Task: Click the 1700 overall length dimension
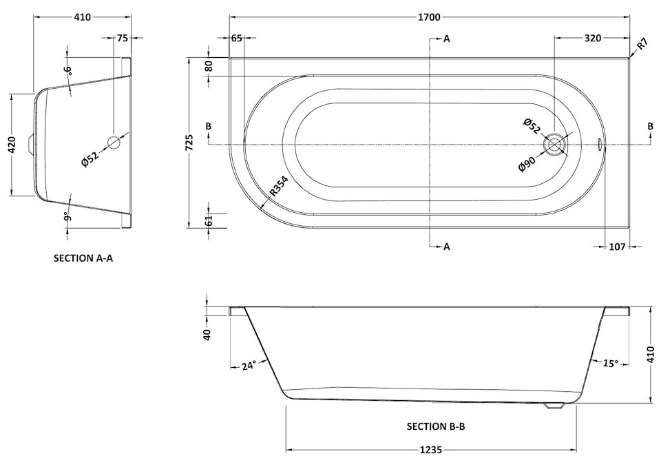click(x=429, y=17)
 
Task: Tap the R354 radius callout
click(x=278, y=187)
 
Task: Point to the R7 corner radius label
click(x=641, y=45)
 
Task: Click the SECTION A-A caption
click(x=83, y=258)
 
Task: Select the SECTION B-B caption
click(x=436, y=426)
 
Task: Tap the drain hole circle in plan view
click(x=555, y=145)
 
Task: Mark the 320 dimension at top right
click(x=593, y=39)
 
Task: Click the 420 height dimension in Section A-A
click(x=12, y=145)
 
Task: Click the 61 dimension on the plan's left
click(x=209, y=220)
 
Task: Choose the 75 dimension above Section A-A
click(x=123, y=39)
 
